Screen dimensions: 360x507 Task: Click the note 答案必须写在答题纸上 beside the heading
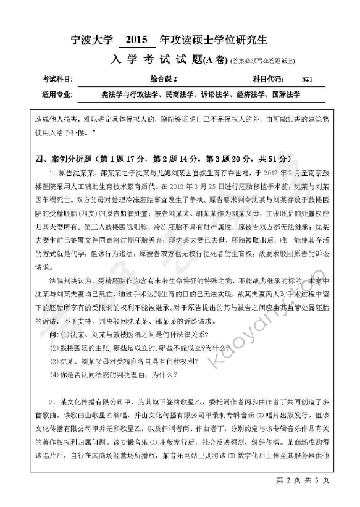tap(262, 61)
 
